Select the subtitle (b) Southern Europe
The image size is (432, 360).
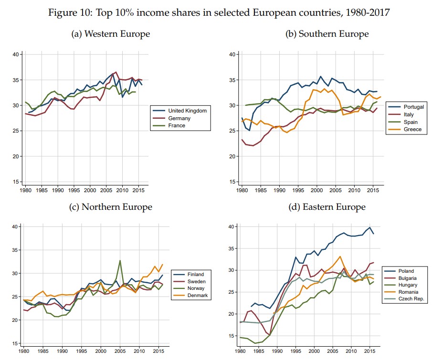pos(327,34)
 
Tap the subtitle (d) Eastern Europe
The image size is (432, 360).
pos(327,206)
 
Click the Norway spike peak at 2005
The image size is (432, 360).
pos(120,260)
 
